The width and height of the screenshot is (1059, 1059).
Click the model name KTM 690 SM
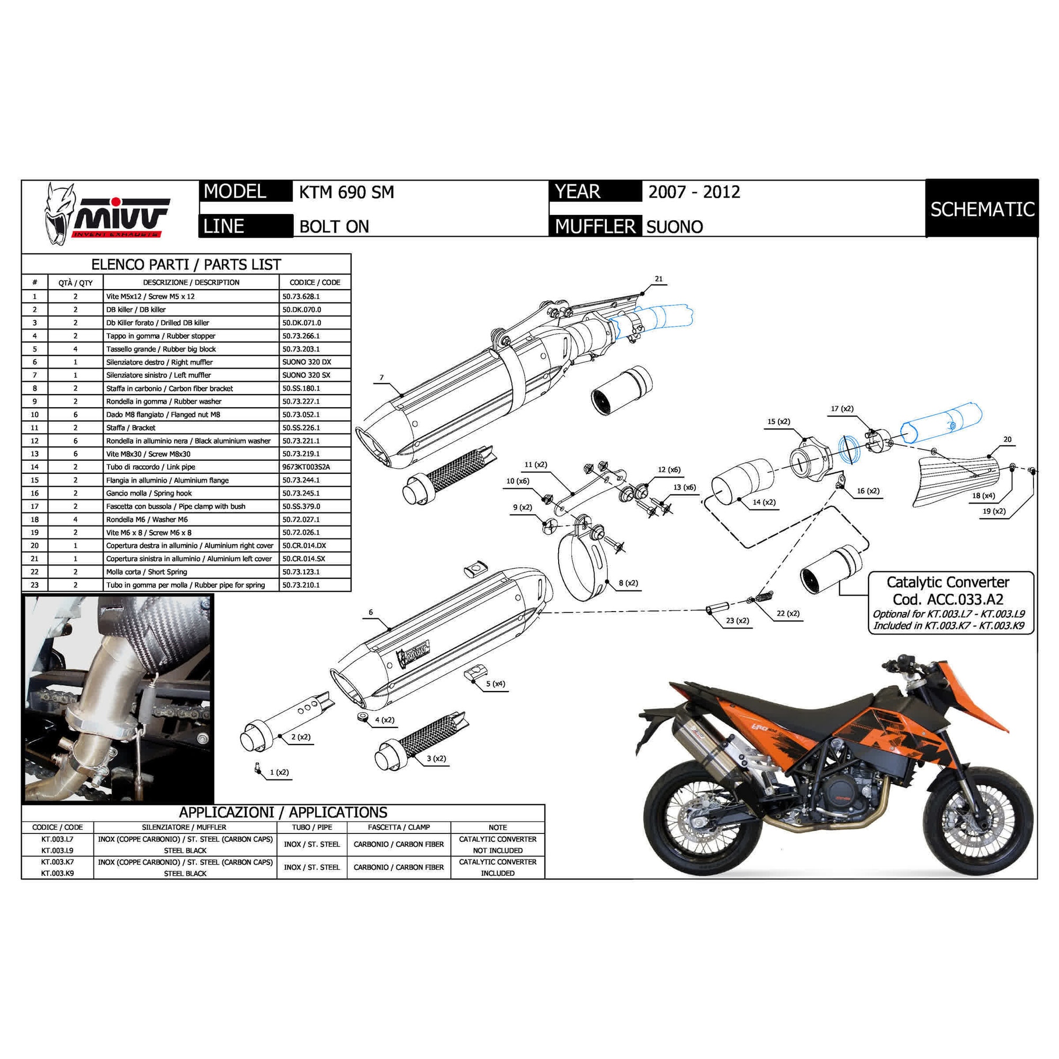coord(346,192)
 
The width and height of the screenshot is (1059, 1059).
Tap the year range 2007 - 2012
coord(694,192)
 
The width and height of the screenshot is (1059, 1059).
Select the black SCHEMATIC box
coord(982,209)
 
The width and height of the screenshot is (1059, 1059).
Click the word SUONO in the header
coord(674,227)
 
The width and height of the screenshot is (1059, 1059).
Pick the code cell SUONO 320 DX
coord(307,362)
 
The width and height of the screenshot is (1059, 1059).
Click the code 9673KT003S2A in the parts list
coord(307,467)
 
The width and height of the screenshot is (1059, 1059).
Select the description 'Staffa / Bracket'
coord(130,427)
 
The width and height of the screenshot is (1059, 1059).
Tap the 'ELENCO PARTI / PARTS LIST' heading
coord(186,265)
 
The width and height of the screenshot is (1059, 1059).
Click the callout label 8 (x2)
coord(628,583)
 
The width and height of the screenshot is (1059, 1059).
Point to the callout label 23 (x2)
coord(737,621)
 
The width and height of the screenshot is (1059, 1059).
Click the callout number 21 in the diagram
coord(659,279)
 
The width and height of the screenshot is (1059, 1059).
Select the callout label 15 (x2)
coord(778,421)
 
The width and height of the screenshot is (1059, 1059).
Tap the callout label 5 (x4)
coord(496,684)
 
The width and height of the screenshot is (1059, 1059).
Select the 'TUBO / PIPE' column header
coord(312,827)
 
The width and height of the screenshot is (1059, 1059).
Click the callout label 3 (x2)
coord(436,759)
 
